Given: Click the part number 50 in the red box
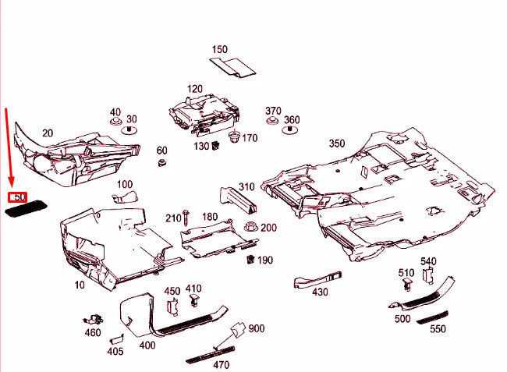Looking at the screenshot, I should click(x=17, y=197).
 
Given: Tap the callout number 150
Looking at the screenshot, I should click(x=220, y=49).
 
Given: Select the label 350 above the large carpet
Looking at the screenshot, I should click(x=336, y=143).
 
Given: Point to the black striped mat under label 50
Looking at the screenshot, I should click(x=27, y=208).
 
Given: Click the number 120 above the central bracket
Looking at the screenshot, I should click(x=194, y=89).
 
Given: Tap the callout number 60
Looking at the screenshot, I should click(x=162, y=150).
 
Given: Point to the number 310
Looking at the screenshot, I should click(x=246, y=186).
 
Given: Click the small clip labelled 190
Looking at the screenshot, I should click(x=251, y=259).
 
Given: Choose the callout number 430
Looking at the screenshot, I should click(x=320, y=292).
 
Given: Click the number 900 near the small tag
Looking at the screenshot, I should click(x=257, y=328).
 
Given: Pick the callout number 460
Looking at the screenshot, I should click(x=93, y=333).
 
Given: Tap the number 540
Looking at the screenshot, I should click(x=428, y=261).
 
